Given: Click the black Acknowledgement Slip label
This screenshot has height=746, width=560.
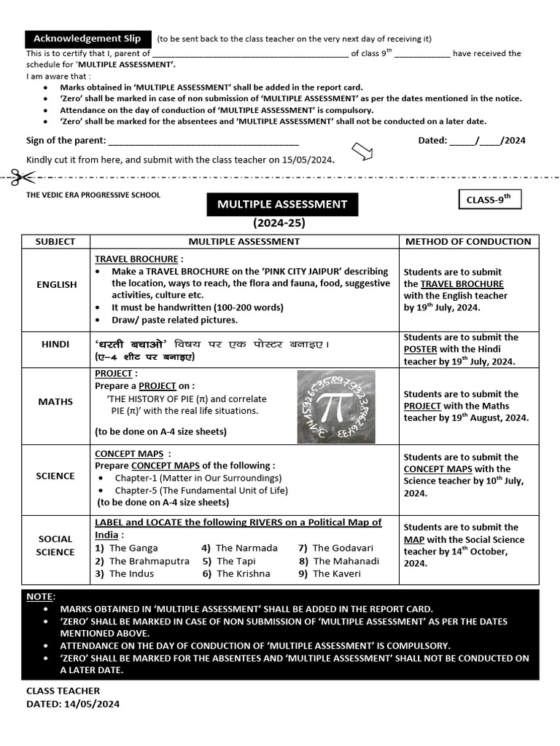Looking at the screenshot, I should (x=87, y=39).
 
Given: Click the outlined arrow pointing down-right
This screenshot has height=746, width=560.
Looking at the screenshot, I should (x=362, y=151).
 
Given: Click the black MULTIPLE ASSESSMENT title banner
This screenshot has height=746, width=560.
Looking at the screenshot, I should (x=281, y=204).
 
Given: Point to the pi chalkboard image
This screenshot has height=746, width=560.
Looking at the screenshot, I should (x=336, y=407).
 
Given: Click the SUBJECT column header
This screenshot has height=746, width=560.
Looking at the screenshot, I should (x=55, y=241).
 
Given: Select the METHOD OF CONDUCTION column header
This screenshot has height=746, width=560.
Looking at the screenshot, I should (x=468, y=241).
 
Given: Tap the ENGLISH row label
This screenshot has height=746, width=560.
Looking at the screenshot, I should (x=56, y=284).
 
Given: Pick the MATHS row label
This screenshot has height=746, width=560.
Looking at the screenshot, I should (x=56, y=401).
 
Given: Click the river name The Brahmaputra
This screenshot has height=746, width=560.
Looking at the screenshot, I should (x=149, y=561).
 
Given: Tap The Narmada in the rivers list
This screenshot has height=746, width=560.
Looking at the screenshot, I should (x=246, y=548).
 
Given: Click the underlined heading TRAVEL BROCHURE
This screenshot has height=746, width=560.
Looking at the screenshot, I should (x=136, y=259).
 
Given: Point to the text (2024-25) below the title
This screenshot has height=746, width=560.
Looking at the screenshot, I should (x=279, y=223).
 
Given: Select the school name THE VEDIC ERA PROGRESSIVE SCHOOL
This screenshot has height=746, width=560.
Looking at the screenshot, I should (x=93, y=195).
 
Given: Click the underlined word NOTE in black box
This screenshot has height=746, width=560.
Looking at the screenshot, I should (x=39, y=596).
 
